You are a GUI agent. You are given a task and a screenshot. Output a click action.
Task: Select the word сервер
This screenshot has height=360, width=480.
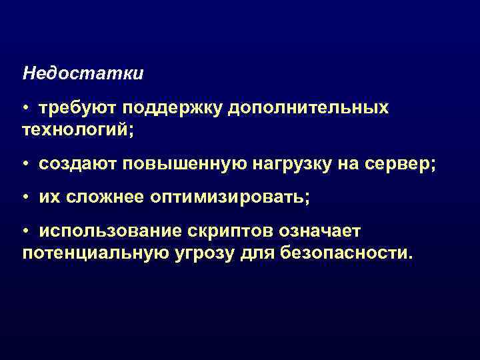[x=399, y=163]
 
